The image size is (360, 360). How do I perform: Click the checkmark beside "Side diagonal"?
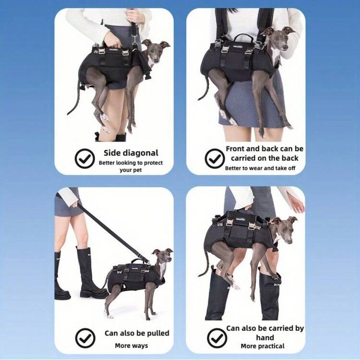click(x=84, y=158)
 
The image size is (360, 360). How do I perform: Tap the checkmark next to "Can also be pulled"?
click(x=85, y=338)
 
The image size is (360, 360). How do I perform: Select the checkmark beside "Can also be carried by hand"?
click(x=217, y=338)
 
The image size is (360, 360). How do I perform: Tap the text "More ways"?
click(x=132, y=346)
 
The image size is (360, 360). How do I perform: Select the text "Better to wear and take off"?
click(x=260, y=168)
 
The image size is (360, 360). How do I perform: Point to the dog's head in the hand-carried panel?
click(x=284, y=229)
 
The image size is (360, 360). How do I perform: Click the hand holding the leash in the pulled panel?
click(x=75, y=204)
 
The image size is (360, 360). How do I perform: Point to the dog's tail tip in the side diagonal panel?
click(x=68, y=114)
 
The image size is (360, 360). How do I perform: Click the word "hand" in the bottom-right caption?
click(x=265, y=337)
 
